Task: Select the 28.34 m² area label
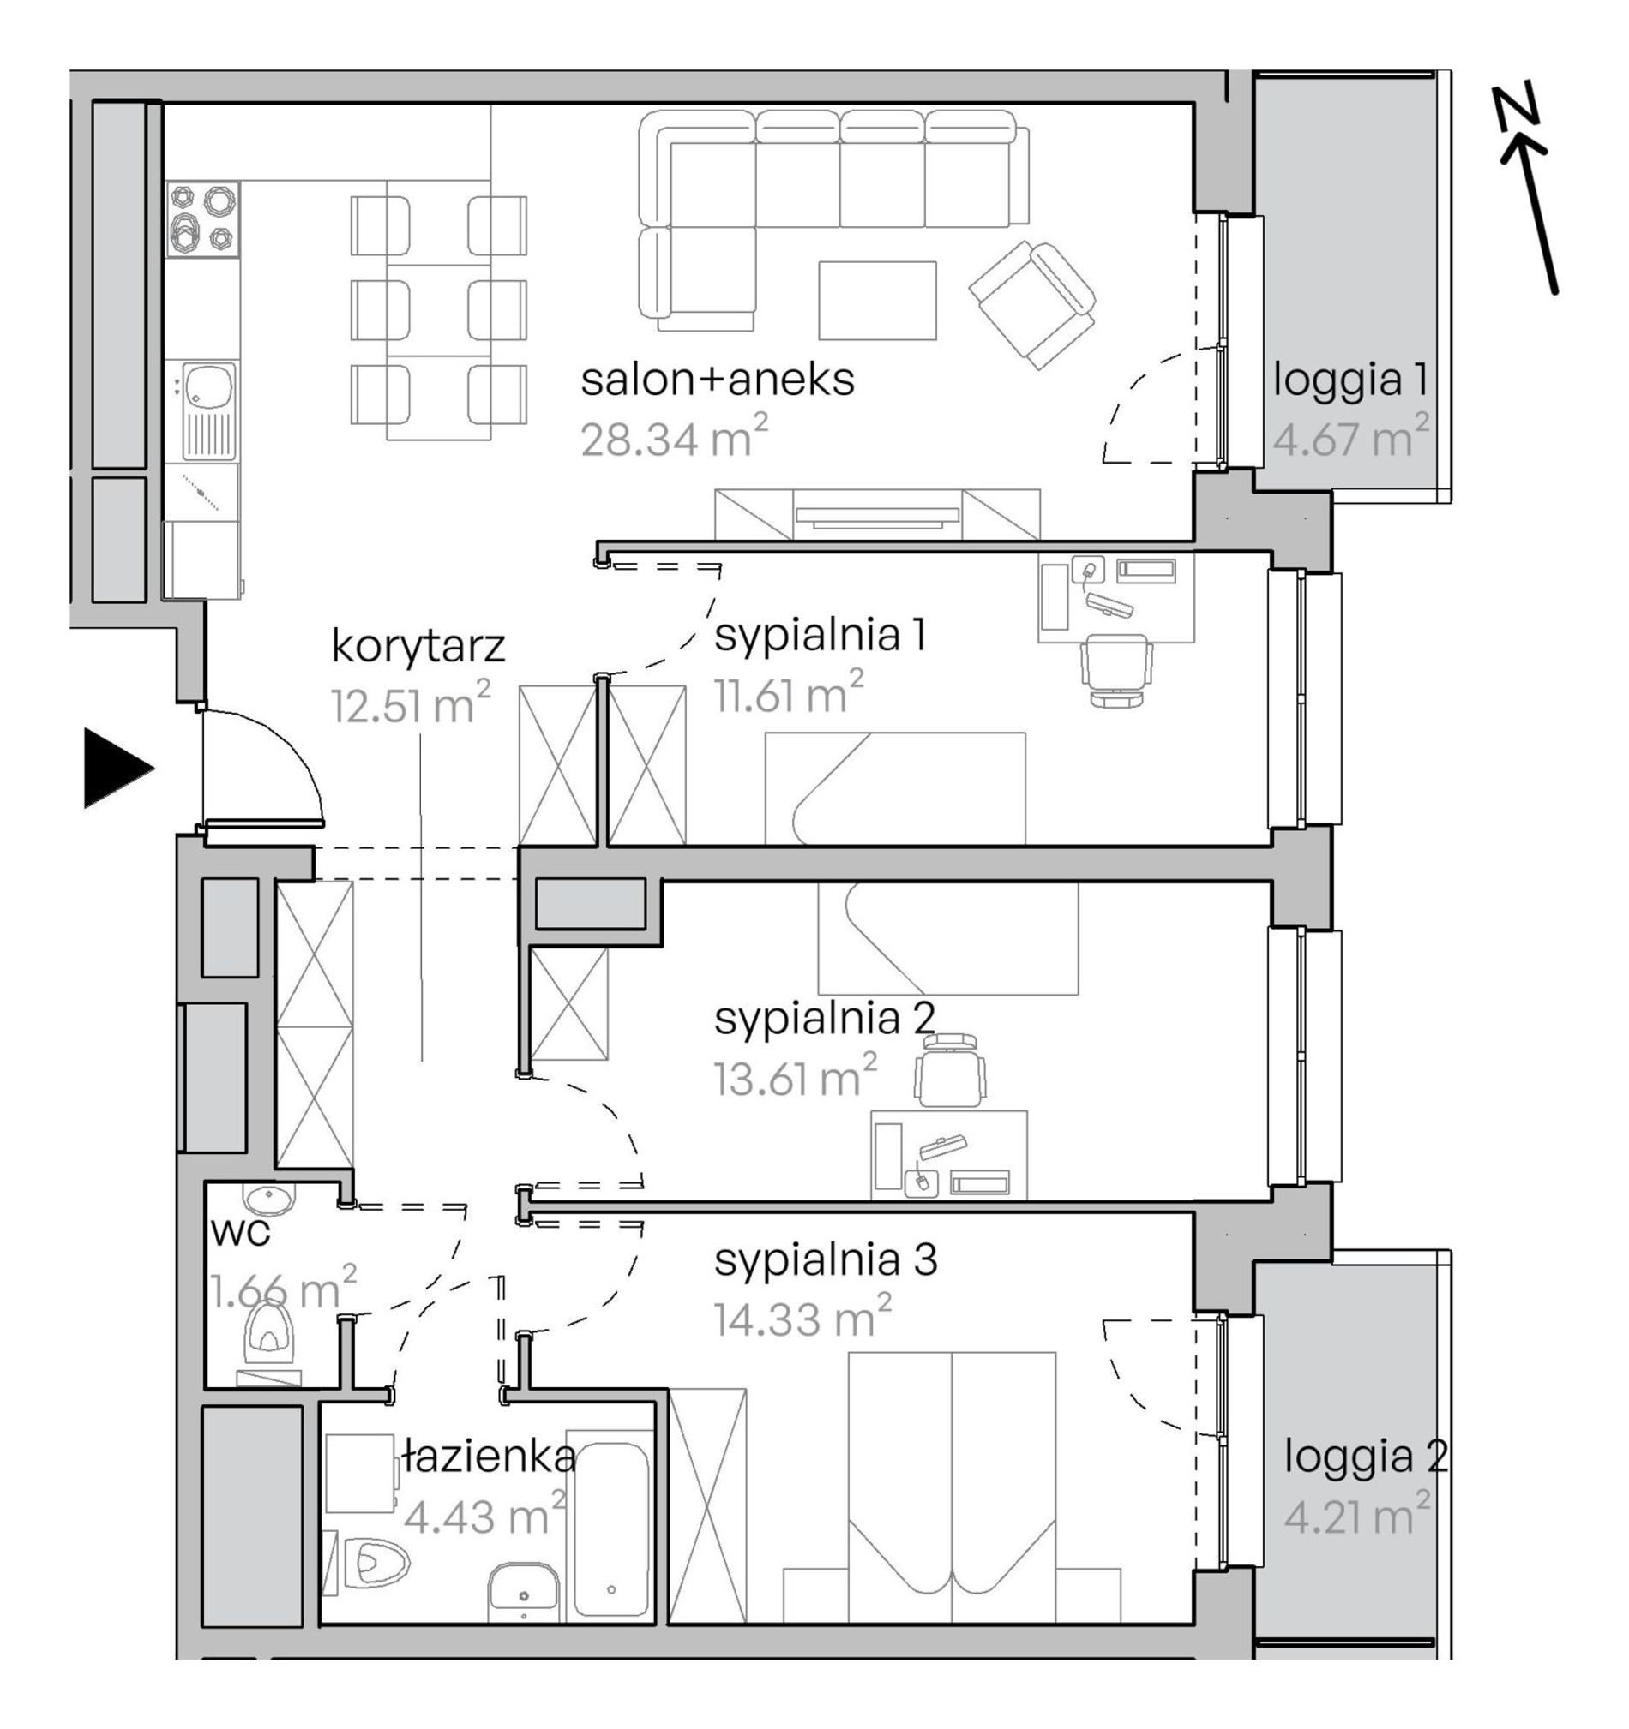(675, 437)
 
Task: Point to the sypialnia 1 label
(820, 635)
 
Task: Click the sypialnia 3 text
(826, 1260)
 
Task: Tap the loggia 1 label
(1350, 380)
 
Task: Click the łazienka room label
(490, 1456)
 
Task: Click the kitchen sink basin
(208, 386)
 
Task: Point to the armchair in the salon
(1032, 304)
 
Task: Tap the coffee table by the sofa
(877, 300)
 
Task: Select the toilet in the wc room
(269, 1338)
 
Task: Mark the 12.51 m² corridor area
(411, 703)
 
